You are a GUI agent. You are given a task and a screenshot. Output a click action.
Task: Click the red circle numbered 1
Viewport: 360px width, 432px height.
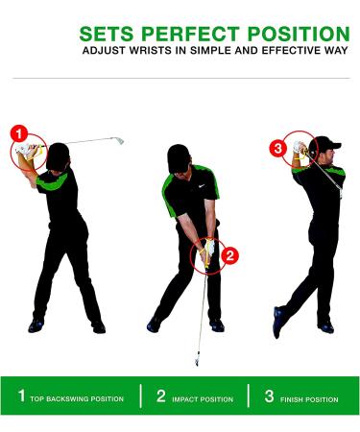point(18,132)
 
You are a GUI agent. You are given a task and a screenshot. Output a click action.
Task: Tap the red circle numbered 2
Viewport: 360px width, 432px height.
point(230,255)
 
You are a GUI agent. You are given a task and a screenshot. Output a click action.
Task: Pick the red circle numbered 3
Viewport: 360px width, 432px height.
point(278,148)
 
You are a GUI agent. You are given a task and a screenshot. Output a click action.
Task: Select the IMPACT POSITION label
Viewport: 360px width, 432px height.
point(204,398)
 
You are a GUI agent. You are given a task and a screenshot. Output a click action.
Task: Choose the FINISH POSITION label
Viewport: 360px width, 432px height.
point(309,398)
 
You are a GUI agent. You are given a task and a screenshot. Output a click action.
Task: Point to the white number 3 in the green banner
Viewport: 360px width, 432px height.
point(269,396)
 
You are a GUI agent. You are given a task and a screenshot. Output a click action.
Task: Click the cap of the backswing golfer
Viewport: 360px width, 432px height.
point(60,151)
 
